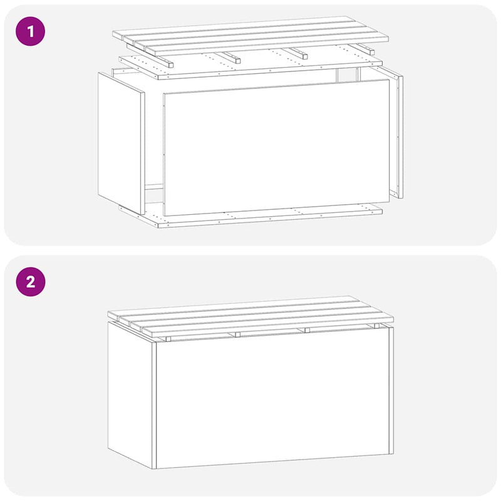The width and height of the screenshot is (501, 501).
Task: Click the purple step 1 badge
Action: (x=30, y=31)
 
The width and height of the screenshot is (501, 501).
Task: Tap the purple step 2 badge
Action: (x=30, y=282)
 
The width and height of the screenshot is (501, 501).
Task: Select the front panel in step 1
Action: (x=276, y=150)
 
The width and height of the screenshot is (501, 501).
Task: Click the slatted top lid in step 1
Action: (x=250, y=34)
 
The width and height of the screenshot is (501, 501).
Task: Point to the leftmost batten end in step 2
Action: (x=168, y=339)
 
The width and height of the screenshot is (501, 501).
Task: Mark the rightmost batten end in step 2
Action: (x=374, y=328)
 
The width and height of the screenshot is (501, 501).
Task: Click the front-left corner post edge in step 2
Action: (x=154, y=405)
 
